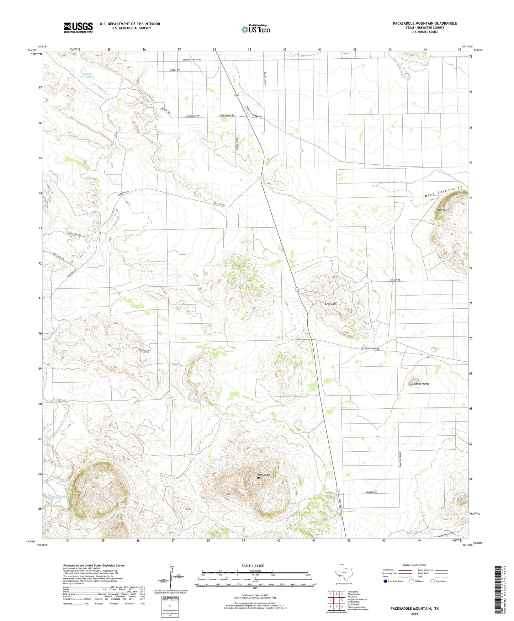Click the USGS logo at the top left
(x=78, y=27)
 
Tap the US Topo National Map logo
(x=255, y=29)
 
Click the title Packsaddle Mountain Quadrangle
(x=425, y=23)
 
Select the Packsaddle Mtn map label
(x=264, y=477)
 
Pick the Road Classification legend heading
(x=414, y=565)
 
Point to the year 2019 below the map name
(x=414, y=614)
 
